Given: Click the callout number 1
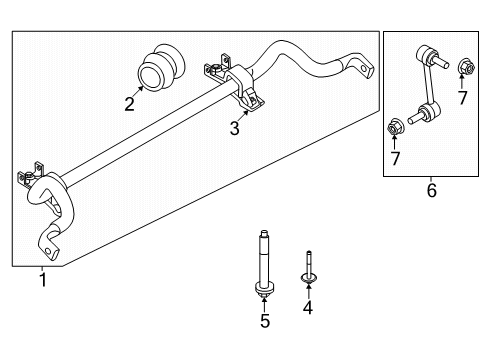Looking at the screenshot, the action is coord(43,280).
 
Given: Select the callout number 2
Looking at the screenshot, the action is coord(129,104).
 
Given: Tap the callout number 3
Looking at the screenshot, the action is coord(235,128).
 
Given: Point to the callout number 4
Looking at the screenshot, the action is coord(308,308).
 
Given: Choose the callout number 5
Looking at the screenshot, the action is coord(265,321).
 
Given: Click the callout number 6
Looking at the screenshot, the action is coord(431,191).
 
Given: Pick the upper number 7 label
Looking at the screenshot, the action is coord(462,98).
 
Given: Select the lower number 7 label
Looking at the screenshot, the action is coord(395,158).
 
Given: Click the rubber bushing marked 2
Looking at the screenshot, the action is coord(161,67).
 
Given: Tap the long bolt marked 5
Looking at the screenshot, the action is coord(264,264).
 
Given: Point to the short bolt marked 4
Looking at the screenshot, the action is coord(309,268).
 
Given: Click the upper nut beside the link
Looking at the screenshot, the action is coord(466,67).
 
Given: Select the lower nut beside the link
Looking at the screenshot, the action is coord(396,127).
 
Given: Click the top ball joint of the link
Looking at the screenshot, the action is coord(426,54).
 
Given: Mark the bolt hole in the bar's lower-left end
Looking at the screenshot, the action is coord(48,251).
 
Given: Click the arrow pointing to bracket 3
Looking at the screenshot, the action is coord(243,116).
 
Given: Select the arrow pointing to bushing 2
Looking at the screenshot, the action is coord(137,91).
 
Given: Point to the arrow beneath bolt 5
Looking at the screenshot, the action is coord(264,304).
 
